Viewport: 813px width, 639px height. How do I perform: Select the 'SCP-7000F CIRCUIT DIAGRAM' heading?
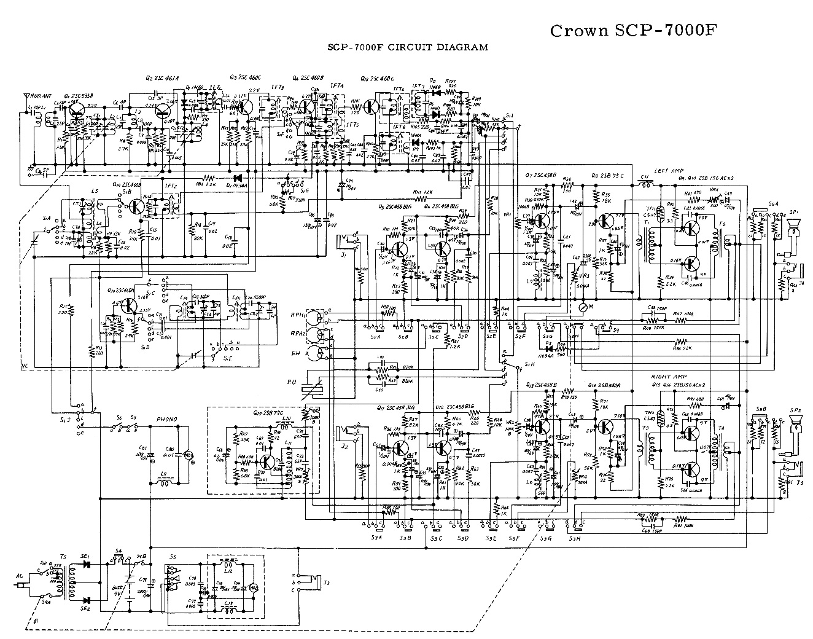408,47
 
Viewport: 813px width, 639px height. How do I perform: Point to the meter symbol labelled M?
583,305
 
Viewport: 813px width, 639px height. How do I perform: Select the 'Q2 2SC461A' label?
162,78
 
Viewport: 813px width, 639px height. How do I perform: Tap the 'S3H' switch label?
575,539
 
